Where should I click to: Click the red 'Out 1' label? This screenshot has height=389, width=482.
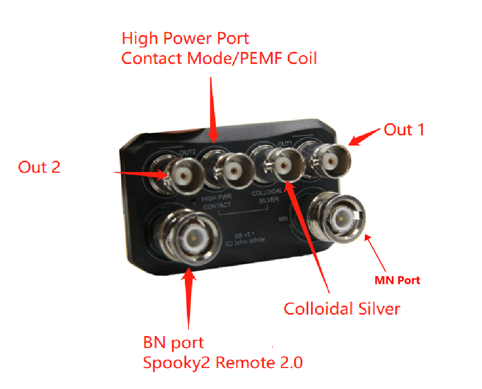point(404,130)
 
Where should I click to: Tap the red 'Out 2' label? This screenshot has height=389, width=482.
point(39,167)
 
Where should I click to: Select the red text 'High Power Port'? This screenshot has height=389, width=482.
point(185,38)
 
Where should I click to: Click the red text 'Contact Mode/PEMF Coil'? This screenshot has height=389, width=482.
point(219,58)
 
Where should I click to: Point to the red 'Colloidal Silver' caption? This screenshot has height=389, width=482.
point(342,309)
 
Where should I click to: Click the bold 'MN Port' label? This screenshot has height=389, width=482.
point(397,281)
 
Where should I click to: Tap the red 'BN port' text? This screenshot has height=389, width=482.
point(173,343)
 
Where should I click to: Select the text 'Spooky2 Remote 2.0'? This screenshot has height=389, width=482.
point(223,363)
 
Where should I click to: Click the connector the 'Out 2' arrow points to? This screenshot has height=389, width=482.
point(184,175)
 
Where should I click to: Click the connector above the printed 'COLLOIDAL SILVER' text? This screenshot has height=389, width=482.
point(283,164)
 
